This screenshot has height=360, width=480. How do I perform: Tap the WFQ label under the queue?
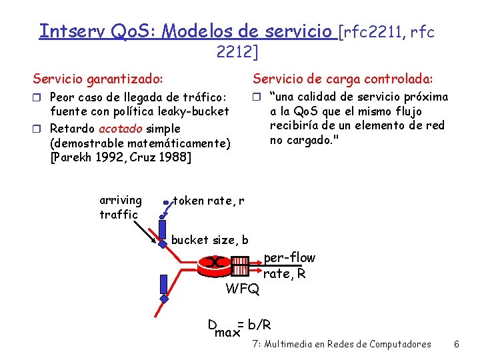pos(243,289)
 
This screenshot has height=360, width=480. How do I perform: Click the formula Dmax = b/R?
pos(239,327)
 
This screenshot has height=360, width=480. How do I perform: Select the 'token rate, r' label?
pos(208,200)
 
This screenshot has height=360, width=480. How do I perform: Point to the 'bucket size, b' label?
pos(210,240)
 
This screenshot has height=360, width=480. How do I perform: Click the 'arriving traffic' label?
pos(120,207)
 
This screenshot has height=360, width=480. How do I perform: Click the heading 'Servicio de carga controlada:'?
pos(342,79)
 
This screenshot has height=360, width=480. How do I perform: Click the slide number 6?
pos(456,345)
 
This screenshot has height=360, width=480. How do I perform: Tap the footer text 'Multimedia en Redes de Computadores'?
pos(347,345)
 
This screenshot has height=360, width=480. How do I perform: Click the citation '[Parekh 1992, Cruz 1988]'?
pos(121,157)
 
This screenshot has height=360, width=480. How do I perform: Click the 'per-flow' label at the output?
pos(289,258)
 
